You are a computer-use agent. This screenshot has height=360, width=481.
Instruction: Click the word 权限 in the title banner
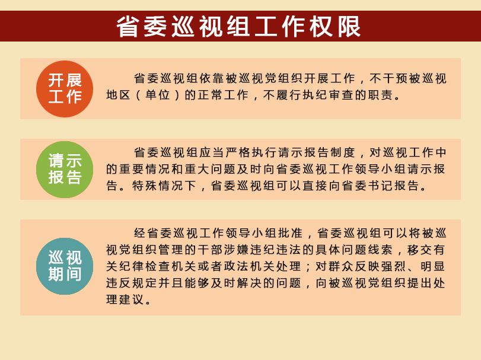pos(335,27)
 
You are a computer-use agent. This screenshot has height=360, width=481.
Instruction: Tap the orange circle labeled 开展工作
pos(65,89)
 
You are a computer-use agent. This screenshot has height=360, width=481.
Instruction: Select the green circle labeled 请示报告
pos(65,169)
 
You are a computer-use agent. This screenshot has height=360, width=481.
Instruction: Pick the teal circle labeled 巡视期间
pos(65,266)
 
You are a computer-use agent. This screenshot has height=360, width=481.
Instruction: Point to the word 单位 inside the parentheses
pos(158,95)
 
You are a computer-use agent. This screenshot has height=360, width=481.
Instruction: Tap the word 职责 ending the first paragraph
pos(380,95)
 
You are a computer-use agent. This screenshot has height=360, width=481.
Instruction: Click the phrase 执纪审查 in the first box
pos(328,95)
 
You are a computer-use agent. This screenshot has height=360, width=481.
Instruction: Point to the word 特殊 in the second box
pos(145,186)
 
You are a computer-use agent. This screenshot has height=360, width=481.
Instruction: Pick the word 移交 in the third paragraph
pos(420,250)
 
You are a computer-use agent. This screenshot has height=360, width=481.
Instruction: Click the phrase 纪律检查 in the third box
pos(145,266)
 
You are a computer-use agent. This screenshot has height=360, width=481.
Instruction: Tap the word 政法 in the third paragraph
pos(236,266)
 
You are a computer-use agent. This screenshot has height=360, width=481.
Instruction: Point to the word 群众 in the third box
pos(341,266)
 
